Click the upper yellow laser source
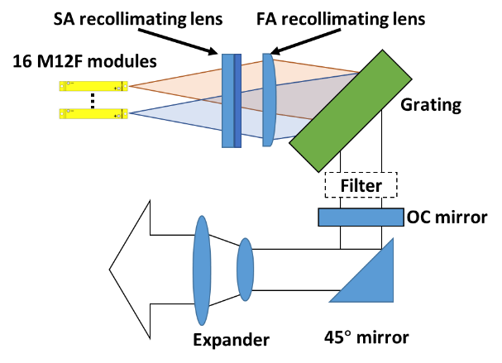93,85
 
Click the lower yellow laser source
93,113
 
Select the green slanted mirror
351,110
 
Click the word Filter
361,185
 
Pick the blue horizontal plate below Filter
361,217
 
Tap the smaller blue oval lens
245,270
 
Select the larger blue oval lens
202,270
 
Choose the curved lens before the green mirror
269,100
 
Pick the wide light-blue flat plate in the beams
227,100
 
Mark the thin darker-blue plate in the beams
237,100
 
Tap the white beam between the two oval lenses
223,270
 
